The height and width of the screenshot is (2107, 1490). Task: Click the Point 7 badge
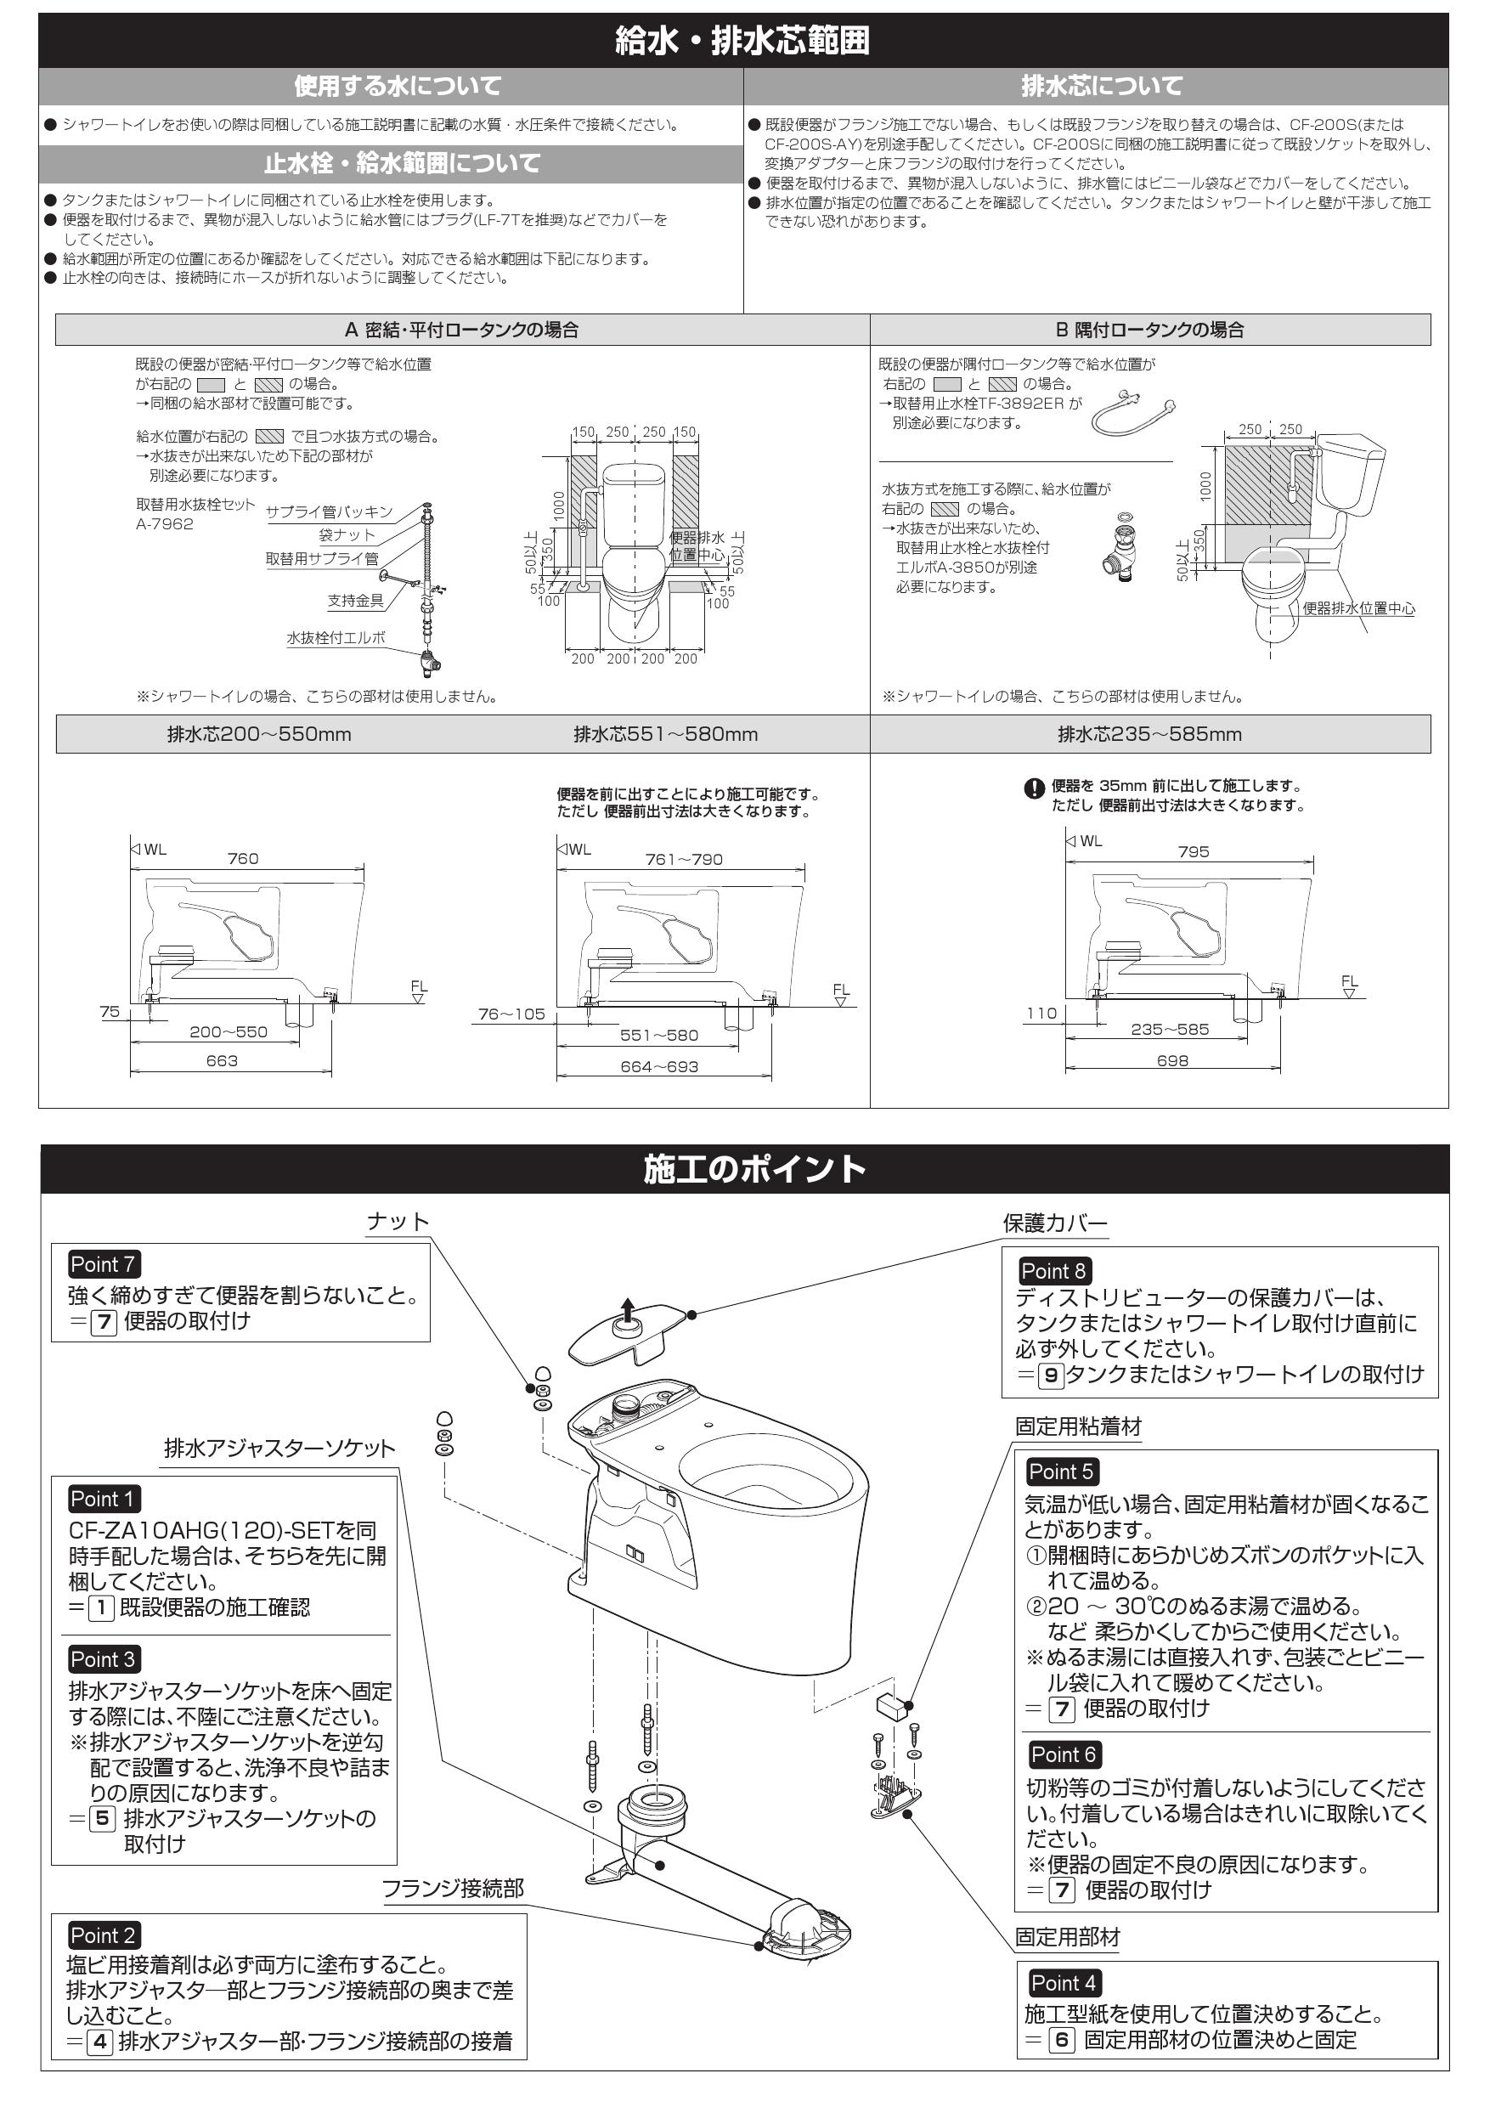pos(103,1263)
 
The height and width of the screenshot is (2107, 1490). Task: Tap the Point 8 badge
pos(1053,1271)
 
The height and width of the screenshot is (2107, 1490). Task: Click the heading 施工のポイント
pos(754,1169)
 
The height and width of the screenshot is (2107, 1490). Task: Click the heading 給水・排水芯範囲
pos(743,42)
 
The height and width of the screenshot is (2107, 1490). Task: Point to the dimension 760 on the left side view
pos(242,859)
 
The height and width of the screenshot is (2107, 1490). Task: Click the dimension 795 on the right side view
pos(1193,851)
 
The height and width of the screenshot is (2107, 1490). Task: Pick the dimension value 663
pos(221,1061)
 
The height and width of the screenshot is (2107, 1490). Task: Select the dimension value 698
pos(1171,1061)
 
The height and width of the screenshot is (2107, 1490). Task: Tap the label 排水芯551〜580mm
pos(665,734)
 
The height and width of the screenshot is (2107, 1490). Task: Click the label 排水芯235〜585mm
pos(1149,734)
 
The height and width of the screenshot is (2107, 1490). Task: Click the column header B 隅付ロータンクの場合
pos(1149,330)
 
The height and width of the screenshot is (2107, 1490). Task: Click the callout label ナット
pos(398,1222)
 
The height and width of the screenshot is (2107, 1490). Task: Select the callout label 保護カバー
pos(1055,1223)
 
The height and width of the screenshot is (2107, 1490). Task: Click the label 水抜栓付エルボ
pos(336,638)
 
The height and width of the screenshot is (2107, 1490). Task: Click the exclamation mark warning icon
pos(1034,788)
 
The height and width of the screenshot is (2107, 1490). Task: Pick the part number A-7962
pos(164,524)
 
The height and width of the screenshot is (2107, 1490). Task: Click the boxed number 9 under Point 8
pos(1051,1375)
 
